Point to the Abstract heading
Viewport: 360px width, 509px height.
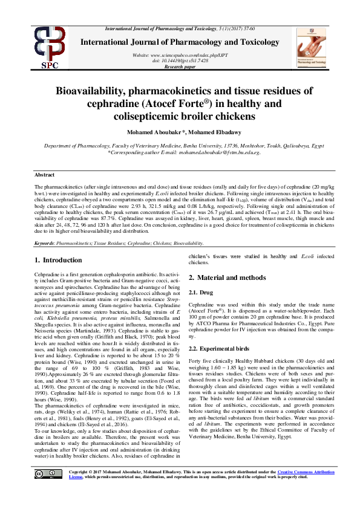point(45,174)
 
